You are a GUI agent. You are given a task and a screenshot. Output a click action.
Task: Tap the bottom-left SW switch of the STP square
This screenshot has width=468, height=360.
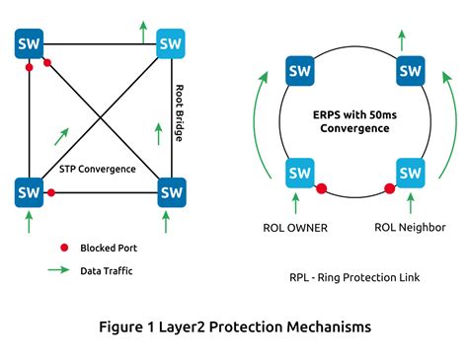(29, 188)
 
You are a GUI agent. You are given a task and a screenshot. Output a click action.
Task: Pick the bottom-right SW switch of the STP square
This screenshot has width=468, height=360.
(172, 188)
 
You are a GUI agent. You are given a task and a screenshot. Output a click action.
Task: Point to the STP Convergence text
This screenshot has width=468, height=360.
(98, 169)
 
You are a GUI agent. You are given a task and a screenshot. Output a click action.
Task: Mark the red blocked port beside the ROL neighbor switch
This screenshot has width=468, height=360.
(389, 187)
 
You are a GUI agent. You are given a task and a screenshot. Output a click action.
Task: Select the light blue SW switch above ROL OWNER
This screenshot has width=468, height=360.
(300, 174)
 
